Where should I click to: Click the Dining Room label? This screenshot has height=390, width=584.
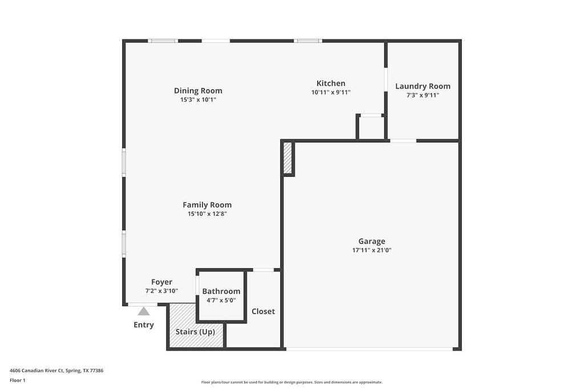click(x=198, y=90)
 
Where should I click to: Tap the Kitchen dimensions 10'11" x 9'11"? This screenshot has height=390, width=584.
click(x=331, y=92)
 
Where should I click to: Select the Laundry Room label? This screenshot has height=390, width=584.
click(x=423, y=86)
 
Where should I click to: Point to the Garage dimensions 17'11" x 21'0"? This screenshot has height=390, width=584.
click(x=372, y=250)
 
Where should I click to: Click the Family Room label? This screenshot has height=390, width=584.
click(x=207, y=204)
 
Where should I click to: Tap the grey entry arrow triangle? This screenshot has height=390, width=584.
click(x=144, y=312)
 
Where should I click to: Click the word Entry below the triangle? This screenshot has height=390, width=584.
click(x=144, y=325)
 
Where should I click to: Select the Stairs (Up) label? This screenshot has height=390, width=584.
click(x=195, y=332)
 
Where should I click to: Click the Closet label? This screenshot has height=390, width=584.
click(x=263, y=311)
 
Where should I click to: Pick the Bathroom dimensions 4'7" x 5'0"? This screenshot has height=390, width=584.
click(x=221, y=300)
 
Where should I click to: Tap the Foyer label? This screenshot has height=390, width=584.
click(x=161, y=282)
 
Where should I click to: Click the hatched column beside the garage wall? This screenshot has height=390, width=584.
click(x=288, y=158)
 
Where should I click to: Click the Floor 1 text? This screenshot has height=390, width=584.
click(x=18, y=380)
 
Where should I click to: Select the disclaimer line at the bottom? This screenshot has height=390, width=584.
click(x=291, y=382)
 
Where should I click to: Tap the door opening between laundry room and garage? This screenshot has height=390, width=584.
click(x=403, y=140)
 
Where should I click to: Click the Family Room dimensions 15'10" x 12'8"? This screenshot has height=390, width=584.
click(x=207, y=214)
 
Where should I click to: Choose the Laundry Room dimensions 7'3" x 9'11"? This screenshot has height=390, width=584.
click(x=423, y=95)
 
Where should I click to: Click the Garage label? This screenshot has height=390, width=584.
click(x=372, y=241)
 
